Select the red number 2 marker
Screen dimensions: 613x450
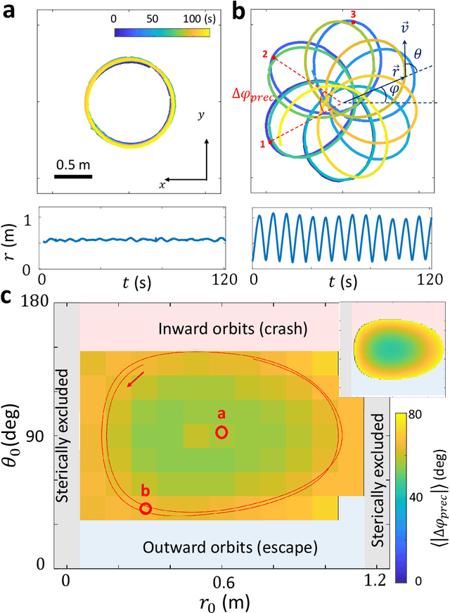tap(264, 54)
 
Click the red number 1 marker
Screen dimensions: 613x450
tap(263, 143)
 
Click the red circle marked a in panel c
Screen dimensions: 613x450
tap(221, 432)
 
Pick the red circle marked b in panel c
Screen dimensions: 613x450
tap(146, 508)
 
